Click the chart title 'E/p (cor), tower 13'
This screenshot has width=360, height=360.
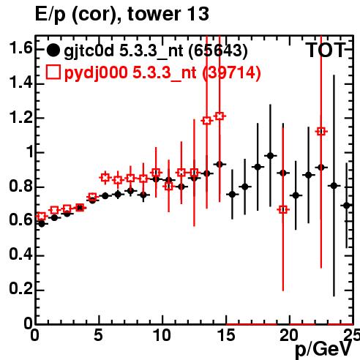[x=122, y=14]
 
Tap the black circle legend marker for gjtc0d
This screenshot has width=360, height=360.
[x=53, y=50]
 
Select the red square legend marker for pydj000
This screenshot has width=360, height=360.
[x=53, y=72]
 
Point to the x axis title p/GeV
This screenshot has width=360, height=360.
[x=323, y=349]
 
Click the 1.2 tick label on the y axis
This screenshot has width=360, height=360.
[x=20, y=118]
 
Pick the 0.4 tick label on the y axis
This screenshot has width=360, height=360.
[x=20, y=255]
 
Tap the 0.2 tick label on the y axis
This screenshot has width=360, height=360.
[x=20, y=290]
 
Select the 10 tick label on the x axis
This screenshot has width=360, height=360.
[x=162, y=335]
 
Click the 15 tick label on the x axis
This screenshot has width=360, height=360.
[x=226, y=335]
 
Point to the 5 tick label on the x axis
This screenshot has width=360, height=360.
[x=98, y=335]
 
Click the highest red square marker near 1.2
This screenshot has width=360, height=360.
[x=220, y=116]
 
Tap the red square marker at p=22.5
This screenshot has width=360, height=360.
[x=321, y=132]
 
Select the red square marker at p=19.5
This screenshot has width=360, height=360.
[x=283, y=209]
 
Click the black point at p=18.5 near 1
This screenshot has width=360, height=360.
[x=270, y=156]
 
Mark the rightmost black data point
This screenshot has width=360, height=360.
[x=347, y=206]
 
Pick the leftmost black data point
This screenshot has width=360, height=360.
[x=42, y=224]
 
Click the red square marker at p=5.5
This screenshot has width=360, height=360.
[x=105, y=178]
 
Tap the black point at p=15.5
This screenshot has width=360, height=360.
[x=232, y=195]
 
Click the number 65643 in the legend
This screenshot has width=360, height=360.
[x=218, y=51]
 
